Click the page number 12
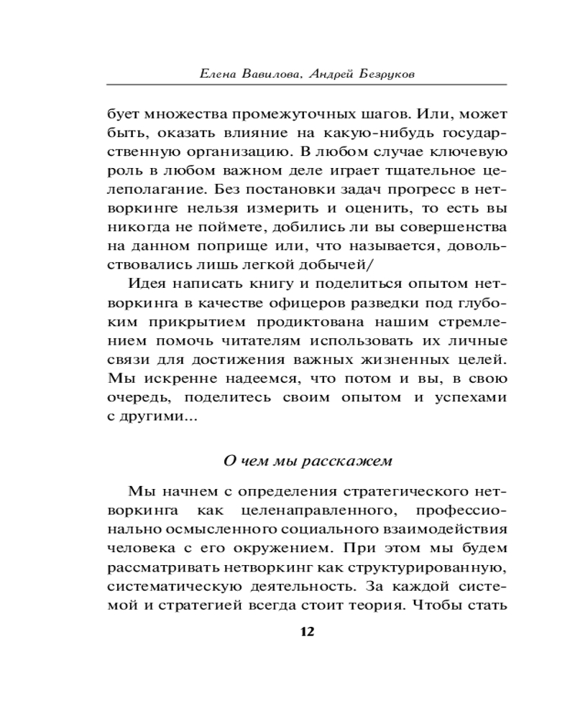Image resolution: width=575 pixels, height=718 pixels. [x=307, y=632]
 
